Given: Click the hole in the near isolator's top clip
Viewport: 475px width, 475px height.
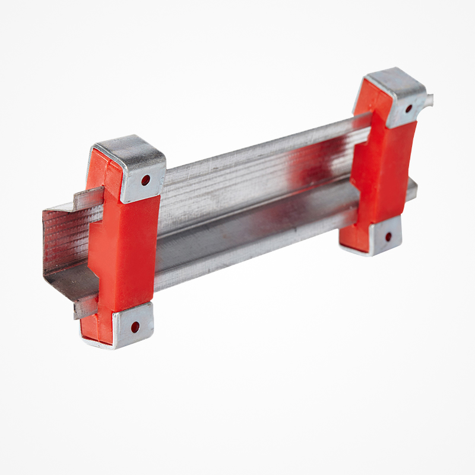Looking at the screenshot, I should point(145,179).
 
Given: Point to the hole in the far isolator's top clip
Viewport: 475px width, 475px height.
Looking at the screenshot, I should point(408,108).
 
